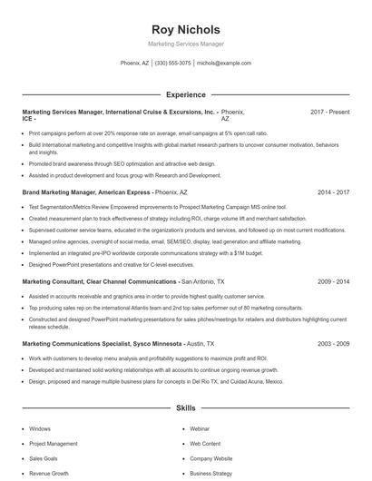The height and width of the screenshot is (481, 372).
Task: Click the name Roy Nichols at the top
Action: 185,27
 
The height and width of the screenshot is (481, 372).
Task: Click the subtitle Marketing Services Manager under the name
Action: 185,44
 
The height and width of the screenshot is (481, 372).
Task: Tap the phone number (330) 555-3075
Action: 172,64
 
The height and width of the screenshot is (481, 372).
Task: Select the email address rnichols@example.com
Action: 223,64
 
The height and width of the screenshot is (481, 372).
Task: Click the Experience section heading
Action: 185,94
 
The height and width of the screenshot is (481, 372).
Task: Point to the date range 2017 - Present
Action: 329,112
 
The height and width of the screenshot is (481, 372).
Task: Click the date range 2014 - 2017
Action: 333,193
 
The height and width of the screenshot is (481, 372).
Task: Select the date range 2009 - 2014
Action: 333,282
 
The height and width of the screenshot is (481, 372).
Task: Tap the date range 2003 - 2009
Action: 333,346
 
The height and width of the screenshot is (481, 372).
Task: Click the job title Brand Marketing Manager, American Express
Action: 86,193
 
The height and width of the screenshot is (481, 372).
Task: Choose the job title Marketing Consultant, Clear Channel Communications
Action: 99,282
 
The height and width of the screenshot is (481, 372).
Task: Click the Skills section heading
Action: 185,409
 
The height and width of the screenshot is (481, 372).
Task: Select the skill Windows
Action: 40,428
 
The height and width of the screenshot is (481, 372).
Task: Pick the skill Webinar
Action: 200,428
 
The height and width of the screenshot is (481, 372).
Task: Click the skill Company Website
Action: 210,459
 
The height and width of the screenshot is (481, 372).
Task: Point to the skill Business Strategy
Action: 210,474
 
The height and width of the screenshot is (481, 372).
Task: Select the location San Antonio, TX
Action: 210,282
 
